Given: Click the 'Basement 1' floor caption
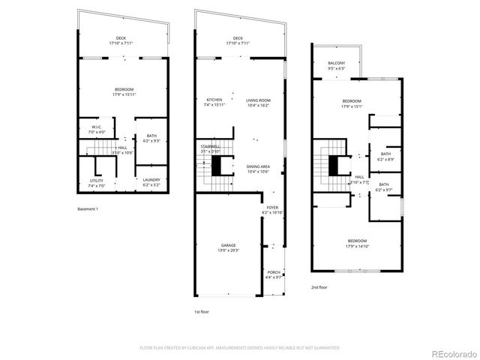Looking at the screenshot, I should pos(87,209).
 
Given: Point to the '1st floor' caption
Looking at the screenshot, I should pos(201,311).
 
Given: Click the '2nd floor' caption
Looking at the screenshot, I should pos(319,286).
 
